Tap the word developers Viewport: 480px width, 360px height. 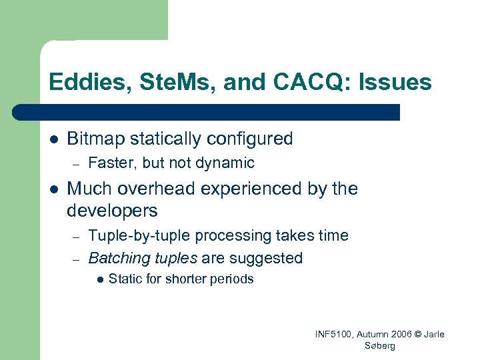point(112,211)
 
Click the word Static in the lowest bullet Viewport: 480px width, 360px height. point(125,279)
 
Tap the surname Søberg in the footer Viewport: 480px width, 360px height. point(380,346)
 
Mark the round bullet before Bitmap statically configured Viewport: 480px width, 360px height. point(53,140)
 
